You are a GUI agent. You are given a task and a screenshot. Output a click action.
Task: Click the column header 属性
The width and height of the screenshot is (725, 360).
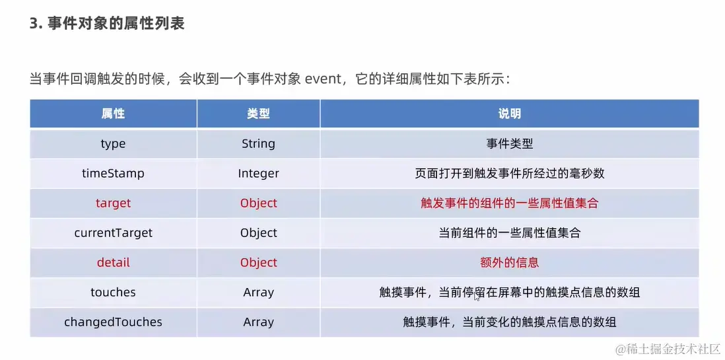[x=114, y=114]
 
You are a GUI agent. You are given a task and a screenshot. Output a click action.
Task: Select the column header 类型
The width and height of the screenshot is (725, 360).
[x=258, y=114]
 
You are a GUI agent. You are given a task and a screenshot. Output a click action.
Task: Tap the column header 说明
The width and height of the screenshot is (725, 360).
[x=509, y=114]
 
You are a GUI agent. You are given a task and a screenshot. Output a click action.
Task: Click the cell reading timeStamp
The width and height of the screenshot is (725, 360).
[x=114, y=174]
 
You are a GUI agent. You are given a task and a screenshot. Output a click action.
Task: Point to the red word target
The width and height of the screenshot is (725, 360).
[x=114, y=203]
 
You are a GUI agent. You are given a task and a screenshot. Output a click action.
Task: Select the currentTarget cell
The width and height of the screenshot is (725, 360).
[x=114, y=233]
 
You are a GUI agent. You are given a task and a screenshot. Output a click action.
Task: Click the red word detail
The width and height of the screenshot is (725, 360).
[x=114, y=262]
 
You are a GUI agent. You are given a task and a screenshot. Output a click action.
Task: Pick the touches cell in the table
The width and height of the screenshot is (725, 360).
[x=114, y=292]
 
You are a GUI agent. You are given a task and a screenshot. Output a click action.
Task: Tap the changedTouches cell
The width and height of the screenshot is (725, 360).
[x=114, y=322]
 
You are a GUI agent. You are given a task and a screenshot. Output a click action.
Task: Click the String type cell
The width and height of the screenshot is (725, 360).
[x=258, y=144]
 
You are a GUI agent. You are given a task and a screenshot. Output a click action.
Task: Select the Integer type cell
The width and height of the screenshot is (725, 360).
[x=258, y=174]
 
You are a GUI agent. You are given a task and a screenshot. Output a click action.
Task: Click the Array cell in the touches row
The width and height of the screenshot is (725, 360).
[x=258, y=292]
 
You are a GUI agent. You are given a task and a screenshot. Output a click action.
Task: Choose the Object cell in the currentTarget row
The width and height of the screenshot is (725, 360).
[x=258, y=233]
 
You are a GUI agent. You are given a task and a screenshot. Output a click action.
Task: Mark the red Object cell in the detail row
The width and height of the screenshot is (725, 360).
[x=258, y=262]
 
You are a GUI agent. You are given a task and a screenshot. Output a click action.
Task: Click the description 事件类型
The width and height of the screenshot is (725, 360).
[x=509, y=144]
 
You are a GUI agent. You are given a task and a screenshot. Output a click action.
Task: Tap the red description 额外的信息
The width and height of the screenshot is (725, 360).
[x=509, y=262]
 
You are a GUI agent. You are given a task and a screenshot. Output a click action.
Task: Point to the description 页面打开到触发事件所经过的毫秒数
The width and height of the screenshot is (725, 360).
[x=509, y=174]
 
